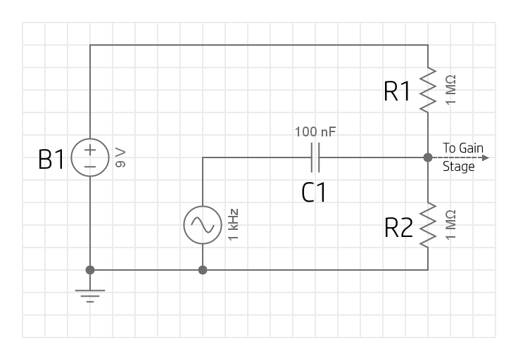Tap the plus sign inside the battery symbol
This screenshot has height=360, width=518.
coord(90,150)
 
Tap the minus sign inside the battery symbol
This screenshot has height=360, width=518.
coord(90,167)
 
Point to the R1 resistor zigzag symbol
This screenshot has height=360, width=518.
coord(428,90)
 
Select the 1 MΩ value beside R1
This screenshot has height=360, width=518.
coord(450,89)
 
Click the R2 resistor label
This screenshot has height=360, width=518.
coord(398,229)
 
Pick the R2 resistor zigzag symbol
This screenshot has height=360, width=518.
coord(428,225)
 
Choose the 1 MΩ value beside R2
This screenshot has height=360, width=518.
coord(450,225)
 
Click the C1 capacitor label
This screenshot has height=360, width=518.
coord(314,192)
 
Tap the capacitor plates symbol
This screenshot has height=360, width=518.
coord(315,157)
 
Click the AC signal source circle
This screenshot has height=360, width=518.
coord(203,225)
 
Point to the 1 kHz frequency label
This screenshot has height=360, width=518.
coord(233,225)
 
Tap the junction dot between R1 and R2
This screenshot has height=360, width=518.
coord(428,157)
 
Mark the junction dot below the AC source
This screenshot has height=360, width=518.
coord(203,270)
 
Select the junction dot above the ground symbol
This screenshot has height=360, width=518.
coord(90,270)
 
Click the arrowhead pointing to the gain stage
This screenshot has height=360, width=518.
coord(484,157)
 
